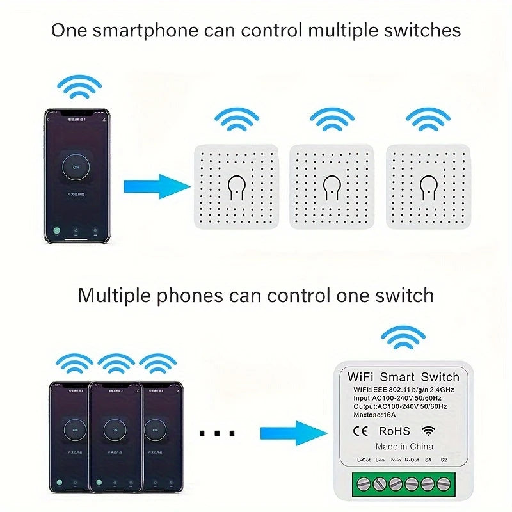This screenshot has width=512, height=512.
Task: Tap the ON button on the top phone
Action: click(77, 166)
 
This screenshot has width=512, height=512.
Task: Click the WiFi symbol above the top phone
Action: click(79, 87)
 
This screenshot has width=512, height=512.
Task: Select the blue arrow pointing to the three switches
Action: click(156, 187)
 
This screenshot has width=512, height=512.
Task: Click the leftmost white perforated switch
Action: click(236, 186)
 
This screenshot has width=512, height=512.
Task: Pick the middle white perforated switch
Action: click(332, 186)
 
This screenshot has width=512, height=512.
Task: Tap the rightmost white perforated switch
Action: click(428, 186)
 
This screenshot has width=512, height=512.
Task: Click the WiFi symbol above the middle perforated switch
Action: click(332, 119)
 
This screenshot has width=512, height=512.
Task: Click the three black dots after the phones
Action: click(217, 433)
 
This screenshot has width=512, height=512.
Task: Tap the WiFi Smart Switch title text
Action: click(403, 377)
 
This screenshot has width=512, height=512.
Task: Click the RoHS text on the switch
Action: click(394, 431)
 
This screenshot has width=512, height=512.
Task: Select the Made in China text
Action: click(404, 446)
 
